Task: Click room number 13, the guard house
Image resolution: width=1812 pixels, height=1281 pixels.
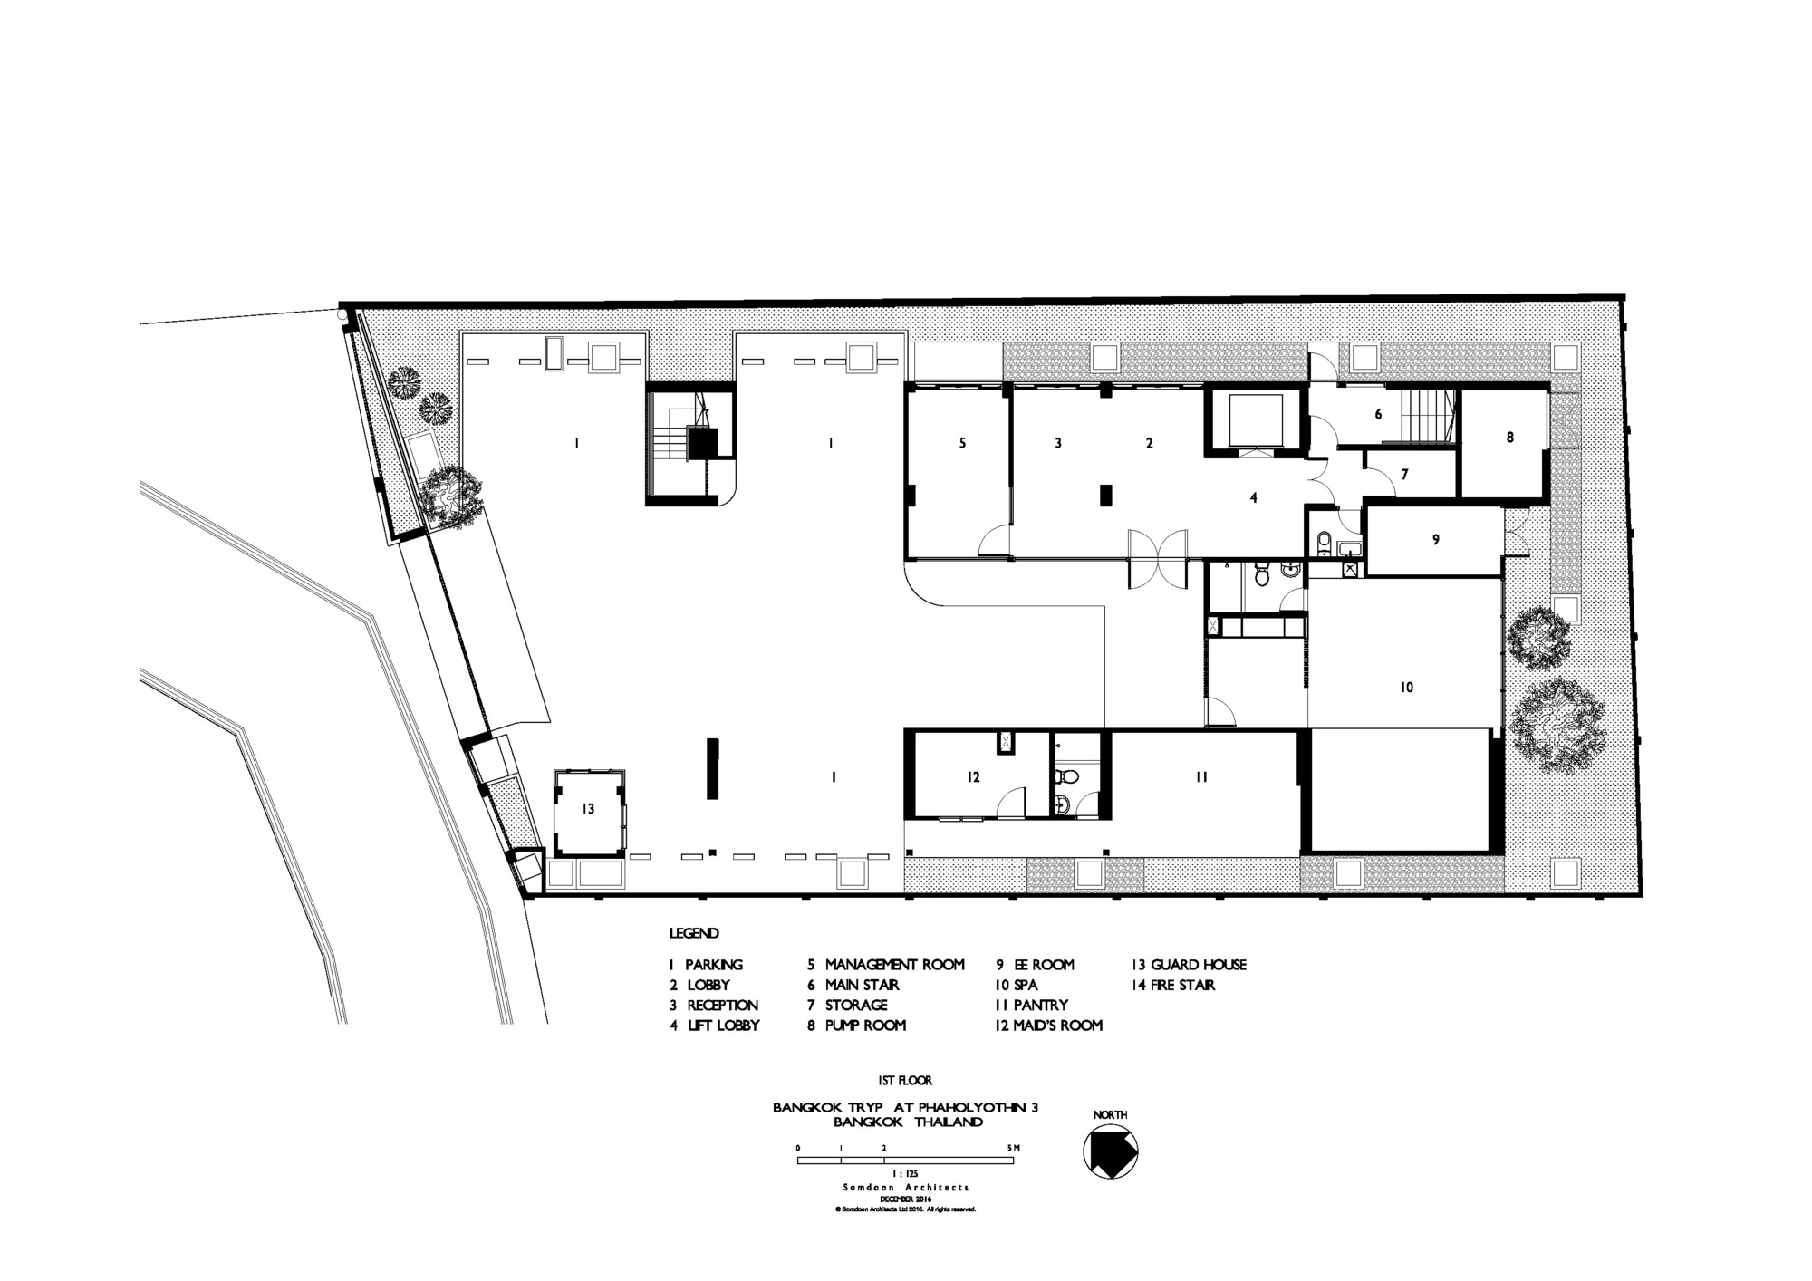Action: point(588,809)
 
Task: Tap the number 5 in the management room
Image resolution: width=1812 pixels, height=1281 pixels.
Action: point(963,443)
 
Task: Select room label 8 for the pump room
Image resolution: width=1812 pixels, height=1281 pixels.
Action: point(1509,437)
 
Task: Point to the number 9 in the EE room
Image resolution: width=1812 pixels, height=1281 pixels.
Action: point(1435,540)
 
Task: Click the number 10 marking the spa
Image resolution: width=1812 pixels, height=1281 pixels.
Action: point(1406,688)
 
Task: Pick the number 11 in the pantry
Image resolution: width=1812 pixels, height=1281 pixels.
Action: point(1201,776)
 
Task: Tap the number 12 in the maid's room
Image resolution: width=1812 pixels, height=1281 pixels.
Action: point(974,776)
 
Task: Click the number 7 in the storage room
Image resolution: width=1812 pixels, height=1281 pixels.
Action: point(1404,475)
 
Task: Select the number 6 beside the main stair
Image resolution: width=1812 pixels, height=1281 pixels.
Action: point(1378,414)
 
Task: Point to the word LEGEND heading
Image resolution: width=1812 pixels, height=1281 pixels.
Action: point(694,933)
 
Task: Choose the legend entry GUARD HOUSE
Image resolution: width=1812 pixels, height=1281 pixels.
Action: point(1199,965)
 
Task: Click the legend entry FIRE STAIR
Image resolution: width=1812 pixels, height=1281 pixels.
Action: point(1183,985)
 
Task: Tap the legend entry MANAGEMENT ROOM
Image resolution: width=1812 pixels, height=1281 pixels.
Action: point(895,965)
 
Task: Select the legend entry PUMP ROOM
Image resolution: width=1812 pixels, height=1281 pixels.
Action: point(865,1026)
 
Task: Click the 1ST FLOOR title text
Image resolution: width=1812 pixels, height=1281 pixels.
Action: point(905,1080)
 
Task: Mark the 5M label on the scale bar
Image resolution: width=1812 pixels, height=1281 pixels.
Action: point(1014,1148)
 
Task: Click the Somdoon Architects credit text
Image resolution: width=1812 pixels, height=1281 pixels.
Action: point(904,1187)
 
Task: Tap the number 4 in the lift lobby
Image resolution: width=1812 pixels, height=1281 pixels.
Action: point(1254,497)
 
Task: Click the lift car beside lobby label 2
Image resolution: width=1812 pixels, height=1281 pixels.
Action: point(1255,420)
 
